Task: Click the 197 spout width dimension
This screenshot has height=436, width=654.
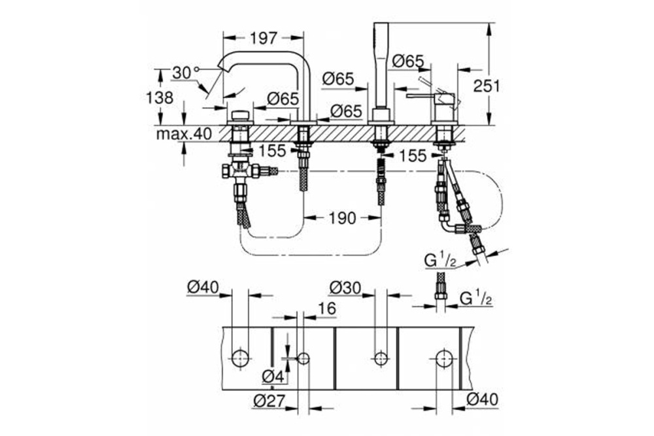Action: coord(264,39)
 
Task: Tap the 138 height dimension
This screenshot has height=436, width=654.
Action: coord(160,97)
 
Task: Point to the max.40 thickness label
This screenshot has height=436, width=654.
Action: coord(185,134)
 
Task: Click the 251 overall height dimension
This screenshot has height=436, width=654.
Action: coord(487,86)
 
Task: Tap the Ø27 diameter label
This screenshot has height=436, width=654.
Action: coord(268,401)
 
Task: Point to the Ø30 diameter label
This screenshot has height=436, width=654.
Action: coord(345,287)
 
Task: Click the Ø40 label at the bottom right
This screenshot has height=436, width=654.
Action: coord(483,401)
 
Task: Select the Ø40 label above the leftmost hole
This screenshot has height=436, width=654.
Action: coord(202,287)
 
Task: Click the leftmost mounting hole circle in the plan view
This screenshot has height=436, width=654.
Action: coord(241,358)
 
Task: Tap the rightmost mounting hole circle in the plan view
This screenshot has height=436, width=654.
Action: coord(445,358)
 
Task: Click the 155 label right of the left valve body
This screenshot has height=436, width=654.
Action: coord(272,151)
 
